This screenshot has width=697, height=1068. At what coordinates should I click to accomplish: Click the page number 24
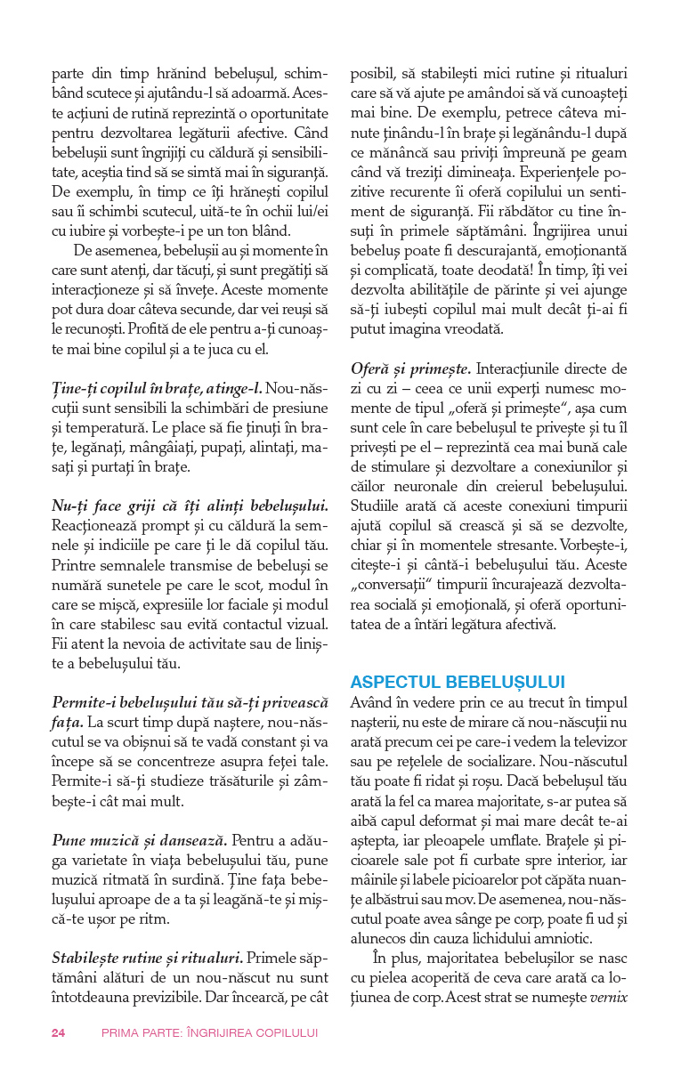58,1032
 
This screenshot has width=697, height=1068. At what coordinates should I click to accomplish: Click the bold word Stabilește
91,959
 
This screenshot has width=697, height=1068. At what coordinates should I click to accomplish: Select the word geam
610,151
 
